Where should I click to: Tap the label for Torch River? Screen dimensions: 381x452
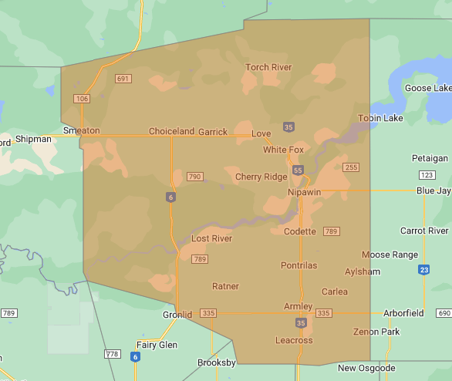point(268,67)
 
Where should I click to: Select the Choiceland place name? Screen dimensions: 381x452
point(171,131)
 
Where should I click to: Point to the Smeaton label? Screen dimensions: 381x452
point(82,130)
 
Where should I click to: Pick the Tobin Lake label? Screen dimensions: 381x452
point(380,118)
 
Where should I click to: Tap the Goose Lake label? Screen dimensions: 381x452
point(428,88)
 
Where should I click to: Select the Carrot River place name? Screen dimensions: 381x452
point(424,231)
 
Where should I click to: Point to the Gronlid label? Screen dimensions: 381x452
point(177,315)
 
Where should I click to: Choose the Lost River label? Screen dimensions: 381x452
point(211,238)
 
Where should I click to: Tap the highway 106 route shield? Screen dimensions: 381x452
point(82,99)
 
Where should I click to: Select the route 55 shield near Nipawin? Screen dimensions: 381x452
point(298,170)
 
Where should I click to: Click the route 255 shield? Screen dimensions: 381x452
point(351,167)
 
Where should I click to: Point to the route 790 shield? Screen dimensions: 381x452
point(194,177)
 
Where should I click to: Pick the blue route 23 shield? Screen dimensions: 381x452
point(424,269)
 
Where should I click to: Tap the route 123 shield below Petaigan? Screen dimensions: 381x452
point(424,175)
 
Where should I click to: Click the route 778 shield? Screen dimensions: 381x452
point(113,354)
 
